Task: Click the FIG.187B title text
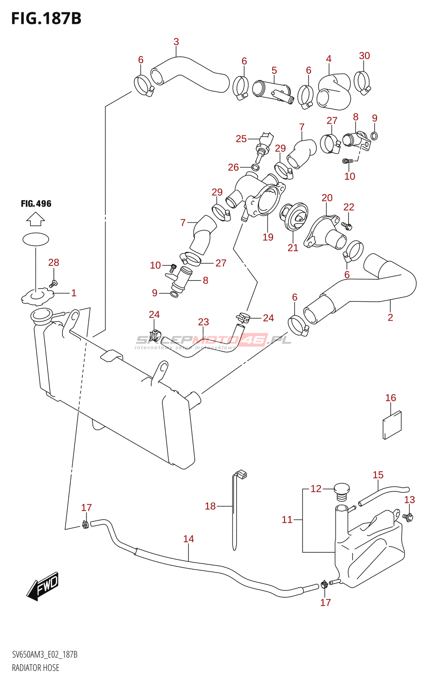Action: (46, 19)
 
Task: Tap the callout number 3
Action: (176, 42)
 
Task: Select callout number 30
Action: (364, 56)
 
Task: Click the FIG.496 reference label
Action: (36, 204)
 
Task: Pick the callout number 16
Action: (391, 398)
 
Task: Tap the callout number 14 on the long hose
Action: (188, 539)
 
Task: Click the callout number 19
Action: (268, 237)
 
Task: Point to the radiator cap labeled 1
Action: (37, 296)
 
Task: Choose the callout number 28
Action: (53, 263)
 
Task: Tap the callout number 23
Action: (203, 322)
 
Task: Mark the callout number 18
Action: (210, 506)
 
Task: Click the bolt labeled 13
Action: (408, 517)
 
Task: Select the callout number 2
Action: (390, 317)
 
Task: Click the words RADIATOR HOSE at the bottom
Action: (35, 668)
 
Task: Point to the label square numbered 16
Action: (392, 425)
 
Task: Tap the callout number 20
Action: (327, 198)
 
